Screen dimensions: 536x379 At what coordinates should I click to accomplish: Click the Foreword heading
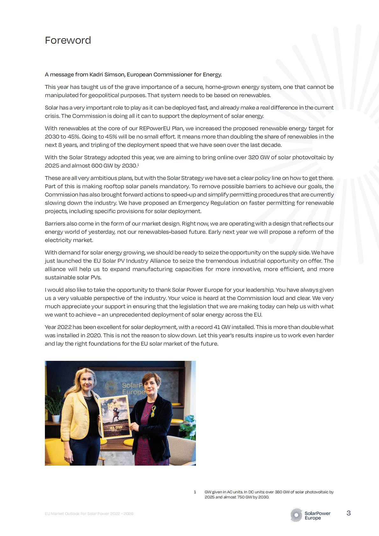point(68,40)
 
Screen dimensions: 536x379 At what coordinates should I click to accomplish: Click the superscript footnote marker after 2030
point(138,164)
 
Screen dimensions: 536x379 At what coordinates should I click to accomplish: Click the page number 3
point(348,513)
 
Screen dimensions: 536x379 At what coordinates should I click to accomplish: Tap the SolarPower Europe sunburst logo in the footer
point(296,515)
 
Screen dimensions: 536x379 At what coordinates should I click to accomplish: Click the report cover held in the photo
point(115,417)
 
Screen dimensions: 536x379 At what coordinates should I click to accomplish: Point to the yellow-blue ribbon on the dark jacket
point(154,411)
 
